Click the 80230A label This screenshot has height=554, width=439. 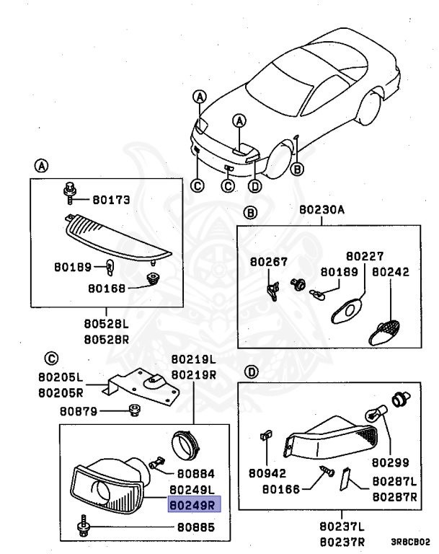[322, 211]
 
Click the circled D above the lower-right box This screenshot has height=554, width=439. [251, 373]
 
